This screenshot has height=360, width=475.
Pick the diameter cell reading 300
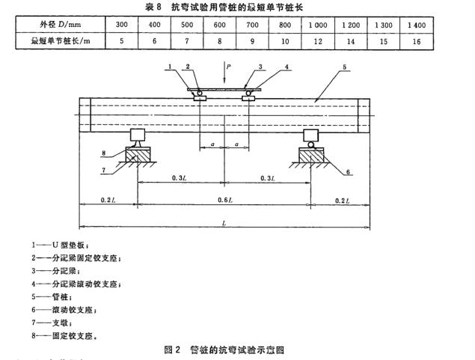click(x=120, y=25)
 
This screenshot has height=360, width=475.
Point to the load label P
click(x=230, y=67)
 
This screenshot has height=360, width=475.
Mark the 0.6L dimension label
click(x=224, y=201)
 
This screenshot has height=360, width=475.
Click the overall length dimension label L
click(x=224, y=223)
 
